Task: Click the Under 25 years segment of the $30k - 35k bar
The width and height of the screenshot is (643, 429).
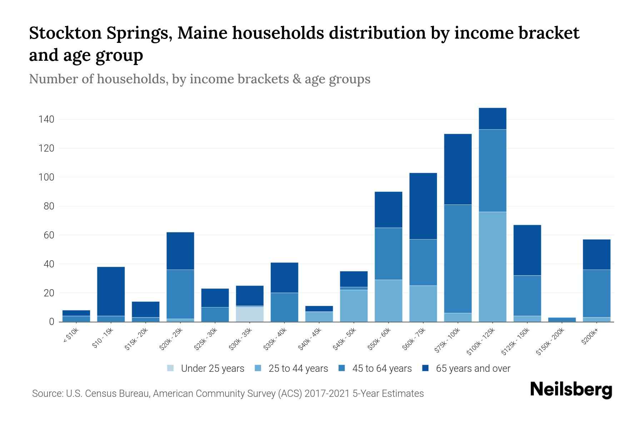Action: point(250,314)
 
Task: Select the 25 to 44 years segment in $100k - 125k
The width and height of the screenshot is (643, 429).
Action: point(492,267)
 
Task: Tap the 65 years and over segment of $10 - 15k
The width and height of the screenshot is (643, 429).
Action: point(111,291)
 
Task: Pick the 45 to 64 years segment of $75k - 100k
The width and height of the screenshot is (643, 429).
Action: point(458,258)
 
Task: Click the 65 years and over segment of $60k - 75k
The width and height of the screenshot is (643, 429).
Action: point(423,206)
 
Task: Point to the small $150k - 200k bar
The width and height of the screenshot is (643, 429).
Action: point(562,320)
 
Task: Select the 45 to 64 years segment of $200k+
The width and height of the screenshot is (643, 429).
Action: point(597,293)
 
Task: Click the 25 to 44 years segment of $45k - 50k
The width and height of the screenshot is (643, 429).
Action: point(354,306)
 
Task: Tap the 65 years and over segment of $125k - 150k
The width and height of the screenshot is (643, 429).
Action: point(527,250)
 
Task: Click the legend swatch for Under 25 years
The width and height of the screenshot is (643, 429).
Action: point(170,368)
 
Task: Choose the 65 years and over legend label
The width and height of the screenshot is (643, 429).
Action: point(473,369)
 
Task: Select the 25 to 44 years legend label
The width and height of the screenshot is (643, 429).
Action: point(298,369)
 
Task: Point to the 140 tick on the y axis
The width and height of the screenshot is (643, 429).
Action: point(46,119)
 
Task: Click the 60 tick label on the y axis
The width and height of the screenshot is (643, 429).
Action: point(49,235)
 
